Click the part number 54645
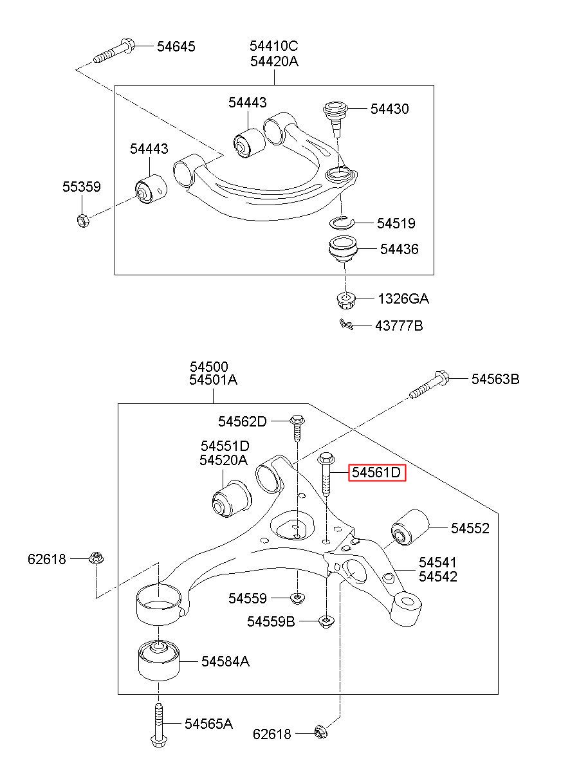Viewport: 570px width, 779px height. pos(176,46)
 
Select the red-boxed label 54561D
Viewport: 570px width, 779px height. pos(377,472)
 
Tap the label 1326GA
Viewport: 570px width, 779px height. pos(403,298)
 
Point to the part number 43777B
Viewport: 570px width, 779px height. pos(399,326)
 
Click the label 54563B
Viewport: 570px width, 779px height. pos(495,379)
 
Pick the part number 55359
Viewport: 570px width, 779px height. pos(82,187)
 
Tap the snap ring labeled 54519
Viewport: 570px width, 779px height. pos(341,223)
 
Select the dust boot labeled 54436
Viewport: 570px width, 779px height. pos(344,250)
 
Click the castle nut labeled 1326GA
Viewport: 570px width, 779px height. pos(345,300)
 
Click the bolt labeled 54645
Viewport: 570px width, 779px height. pos(114,51)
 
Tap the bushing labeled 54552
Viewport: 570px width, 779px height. pos(410,527)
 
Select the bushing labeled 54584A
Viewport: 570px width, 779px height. pos(159,660)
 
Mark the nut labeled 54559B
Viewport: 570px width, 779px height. pos(326,621)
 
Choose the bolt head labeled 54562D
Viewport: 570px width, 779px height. pos(297,419)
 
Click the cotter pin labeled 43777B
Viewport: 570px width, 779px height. pos(346,324)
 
